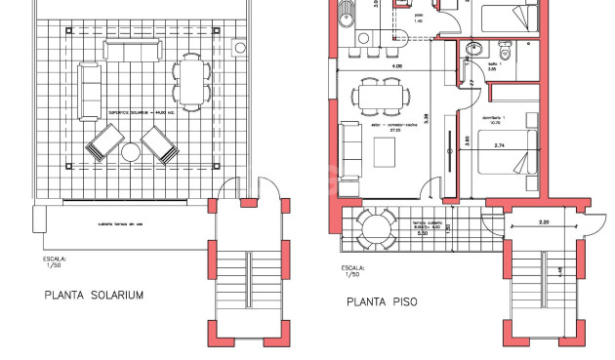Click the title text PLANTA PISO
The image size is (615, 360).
(382, 302)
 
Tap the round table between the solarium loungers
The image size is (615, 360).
(130, 150)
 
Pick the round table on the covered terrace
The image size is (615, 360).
(374, 228)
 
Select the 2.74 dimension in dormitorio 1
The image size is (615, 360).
(501, 145)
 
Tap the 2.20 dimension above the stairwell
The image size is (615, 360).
(545, 223)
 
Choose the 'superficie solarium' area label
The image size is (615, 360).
(143, 112)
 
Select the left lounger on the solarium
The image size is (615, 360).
(103, 147)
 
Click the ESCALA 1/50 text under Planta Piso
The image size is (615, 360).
(352, 271)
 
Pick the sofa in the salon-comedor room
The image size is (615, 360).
(350, 144)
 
